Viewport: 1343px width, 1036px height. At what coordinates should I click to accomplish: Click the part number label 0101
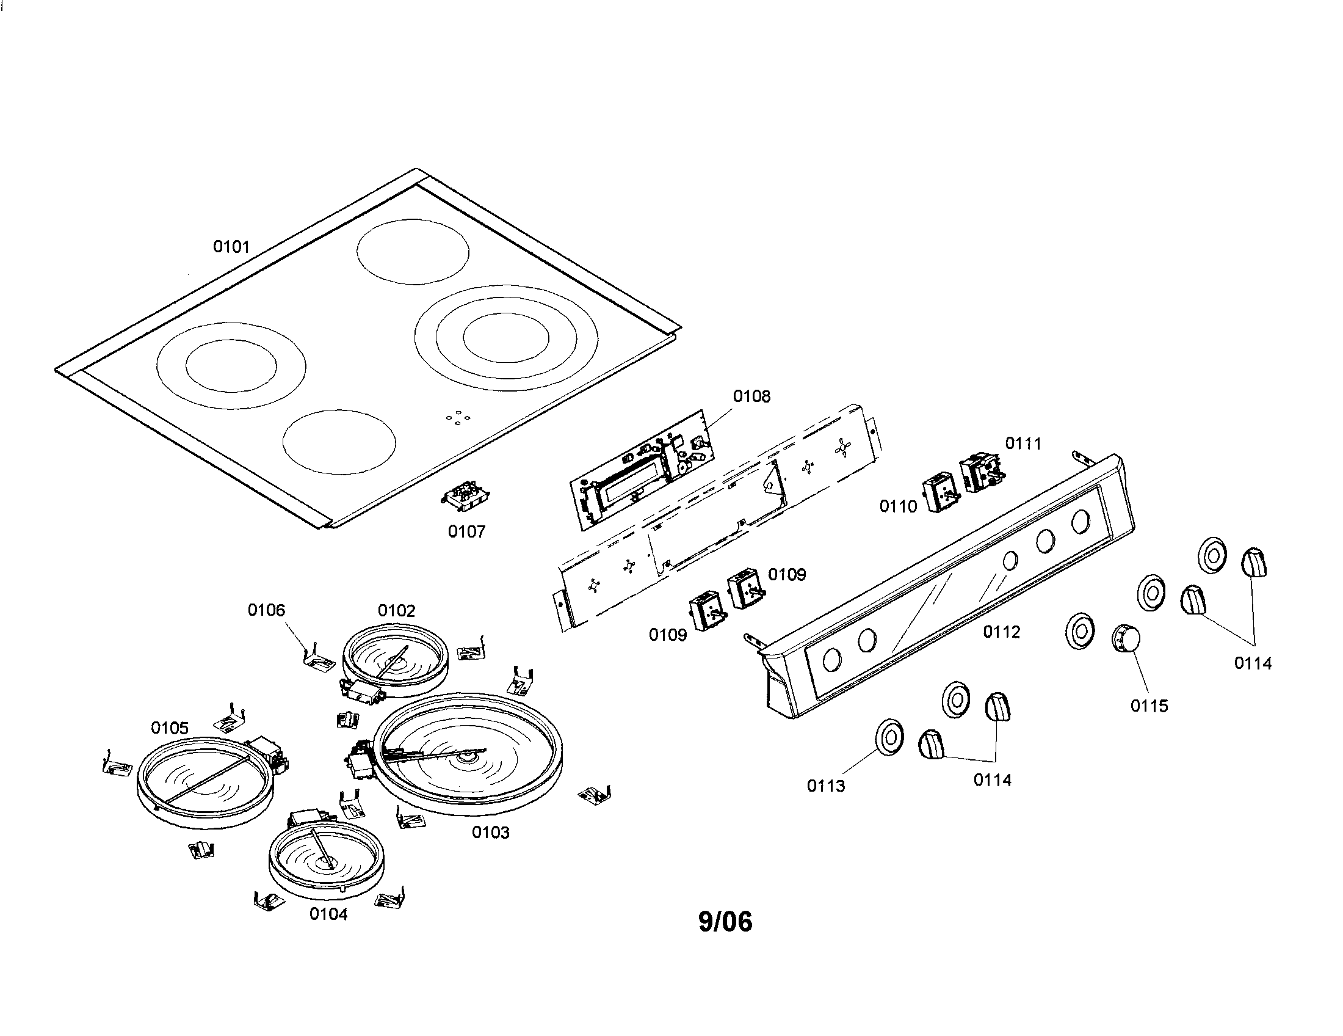(x=231, y=247)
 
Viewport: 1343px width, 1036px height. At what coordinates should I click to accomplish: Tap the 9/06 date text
(x=726, y=921)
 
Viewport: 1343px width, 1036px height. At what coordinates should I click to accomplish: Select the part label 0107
(x=466, y=531)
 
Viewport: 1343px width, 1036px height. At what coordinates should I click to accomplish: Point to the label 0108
(x=751, y=396)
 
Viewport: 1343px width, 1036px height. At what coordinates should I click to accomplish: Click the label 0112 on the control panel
(x=1001, y=632)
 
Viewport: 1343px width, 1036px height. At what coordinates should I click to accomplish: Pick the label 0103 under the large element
(x=491, y=833)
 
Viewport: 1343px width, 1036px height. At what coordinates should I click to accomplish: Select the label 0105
(x=170, y=728)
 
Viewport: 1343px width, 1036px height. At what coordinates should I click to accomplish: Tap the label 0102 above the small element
(x=397, y=610)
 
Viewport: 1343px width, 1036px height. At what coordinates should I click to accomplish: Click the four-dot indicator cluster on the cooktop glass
(x=458, y=418)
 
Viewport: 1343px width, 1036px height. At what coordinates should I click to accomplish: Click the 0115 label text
(x=1149, y=706)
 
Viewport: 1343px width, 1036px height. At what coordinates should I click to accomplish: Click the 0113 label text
(x=826, y=786)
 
